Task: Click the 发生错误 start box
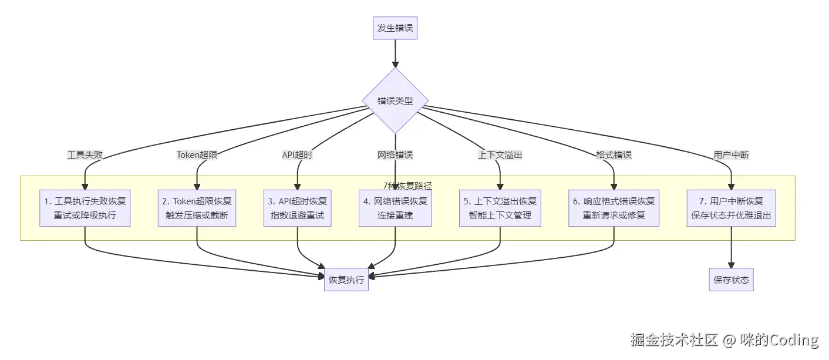395,28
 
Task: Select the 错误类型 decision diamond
395,100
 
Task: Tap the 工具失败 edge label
85,155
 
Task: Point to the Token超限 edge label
197,155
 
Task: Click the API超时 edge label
297,155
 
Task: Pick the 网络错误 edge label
395,155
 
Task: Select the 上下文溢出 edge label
500,155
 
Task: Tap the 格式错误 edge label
614,155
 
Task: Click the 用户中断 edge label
731,155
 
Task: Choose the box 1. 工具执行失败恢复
85,208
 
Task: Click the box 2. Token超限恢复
197,208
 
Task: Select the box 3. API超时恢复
297,208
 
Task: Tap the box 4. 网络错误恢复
395,208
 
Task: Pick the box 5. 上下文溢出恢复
500,208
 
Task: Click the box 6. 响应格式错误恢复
614,208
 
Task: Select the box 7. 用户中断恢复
731,208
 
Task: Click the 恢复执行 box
346,280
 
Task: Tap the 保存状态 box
731,280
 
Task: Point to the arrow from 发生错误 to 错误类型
395,53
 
